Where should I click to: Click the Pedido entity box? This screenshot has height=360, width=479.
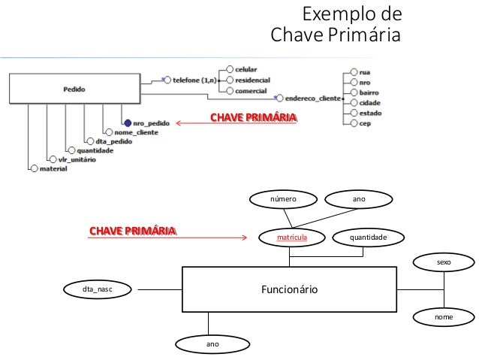tap(74, 89)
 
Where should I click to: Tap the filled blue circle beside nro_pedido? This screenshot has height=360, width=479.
tap(128, 123)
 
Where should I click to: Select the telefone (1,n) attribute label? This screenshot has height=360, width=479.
tap(194, 78)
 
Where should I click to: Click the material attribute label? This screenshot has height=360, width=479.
tap(53, 168)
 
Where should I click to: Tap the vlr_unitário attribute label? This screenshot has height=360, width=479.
tap(77, 159)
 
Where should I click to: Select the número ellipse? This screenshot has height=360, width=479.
tap(284, 199)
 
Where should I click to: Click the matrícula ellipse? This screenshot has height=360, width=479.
tap(292, 237)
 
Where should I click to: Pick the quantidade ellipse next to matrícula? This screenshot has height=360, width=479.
tap(368, 237)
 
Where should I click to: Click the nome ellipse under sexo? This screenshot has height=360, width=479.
tap(444, 318)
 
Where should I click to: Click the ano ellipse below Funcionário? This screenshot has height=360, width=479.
tap(212, 343)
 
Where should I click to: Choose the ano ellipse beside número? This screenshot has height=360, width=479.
tap(358, 199)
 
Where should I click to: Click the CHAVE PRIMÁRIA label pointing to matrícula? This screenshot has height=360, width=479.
tap(132, 229)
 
